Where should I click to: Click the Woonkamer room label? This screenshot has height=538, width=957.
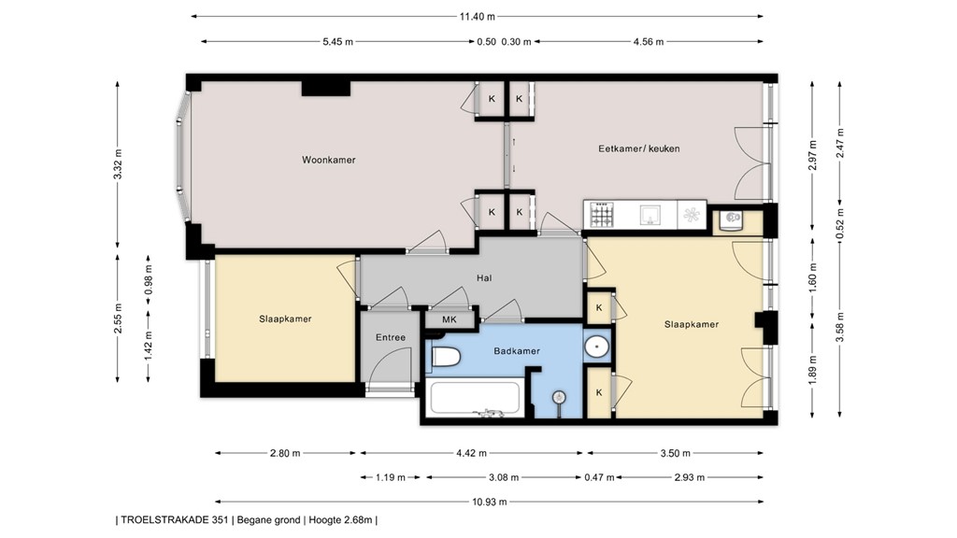tap(328, 160)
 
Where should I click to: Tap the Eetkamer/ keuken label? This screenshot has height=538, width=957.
tap(638, 149)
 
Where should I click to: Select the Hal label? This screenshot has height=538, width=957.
tap(483, 277)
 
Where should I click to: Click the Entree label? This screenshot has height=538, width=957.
tap(390, 337)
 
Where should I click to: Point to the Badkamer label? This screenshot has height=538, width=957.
tap(517, 351)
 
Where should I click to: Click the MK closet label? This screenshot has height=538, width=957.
tap(449, 319)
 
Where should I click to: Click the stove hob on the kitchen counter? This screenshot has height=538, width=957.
tap(600, 216)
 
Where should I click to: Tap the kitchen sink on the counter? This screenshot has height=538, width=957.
tap(649, 216)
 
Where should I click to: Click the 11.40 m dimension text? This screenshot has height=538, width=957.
tap(477, 16)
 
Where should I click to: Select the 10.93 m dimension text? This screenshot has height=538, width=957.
tap(489, 502)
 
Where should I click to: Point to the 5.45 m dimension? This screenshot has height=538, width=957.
tap(338, 41)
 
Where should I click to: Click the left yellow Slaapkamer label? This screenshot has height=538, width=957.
tap(285, 319)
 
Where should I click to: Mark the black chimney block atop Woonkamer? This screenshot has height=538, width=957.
tap(325, 88)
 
